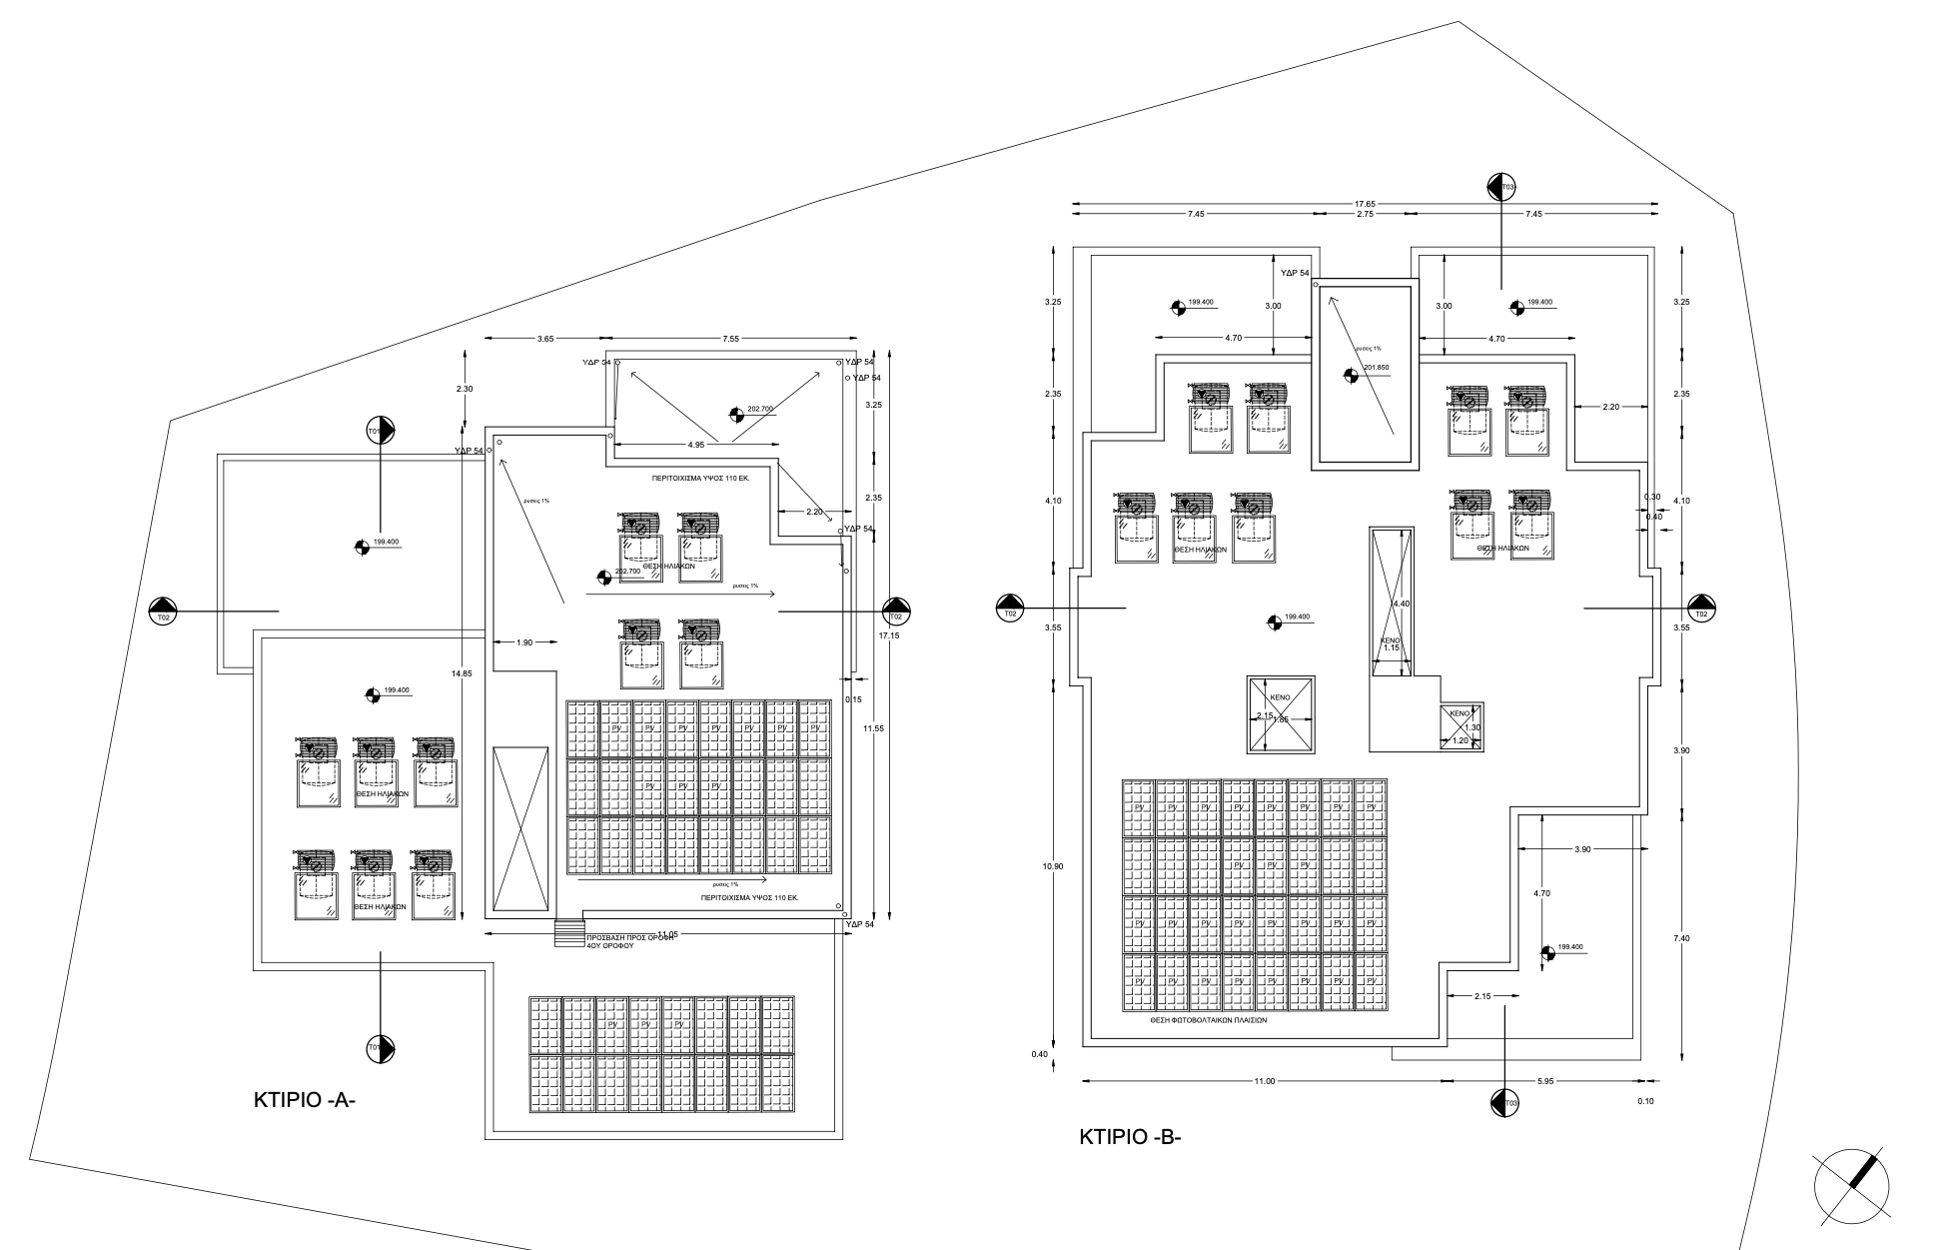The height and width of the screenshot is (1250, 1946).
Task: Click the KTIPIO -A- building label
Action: [305, 1101]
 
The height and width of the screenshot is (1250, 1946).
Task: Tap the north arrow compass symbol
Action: [1851, 1186]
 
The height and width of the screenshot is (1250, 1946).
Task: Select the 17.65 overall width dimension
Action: [1365, 204]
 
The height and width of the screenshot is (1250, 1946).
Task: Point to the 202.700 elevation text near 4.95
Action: [760, 409]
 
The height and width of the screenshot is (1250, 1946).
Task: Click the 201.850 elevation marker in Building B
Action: [1377, 368]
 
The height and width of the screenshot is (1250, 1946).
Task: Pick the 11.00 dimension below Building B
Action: [1265, 1081]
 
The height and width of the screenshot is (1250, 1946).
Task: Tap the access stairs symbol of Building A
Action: [569, 933]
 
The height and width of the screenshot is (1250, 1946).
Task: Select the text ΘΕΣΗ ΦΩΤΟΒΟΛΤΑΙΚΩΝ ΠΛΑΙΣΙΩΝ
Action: [1208, 1021]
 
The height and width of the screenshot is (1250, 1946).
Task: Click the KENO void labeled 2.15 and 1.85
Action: [1281, 715]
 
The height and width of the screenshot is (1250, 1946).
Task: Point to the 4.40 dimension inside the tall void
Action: [1401, 604]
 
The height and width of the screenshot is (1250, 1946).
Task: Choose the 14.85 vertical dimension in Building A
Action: [462, 673]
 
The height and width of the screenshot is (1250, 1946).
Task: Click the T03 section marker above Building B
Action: [1501, 187]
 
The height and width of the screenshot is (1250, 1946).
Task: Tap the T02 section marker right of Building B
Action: [1701, 608]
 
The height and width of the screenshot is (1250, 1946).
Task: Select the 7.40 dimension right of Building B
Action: [1682, 937]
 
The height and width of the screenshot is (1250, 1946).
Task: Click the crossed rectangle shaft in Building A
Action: [520, 828]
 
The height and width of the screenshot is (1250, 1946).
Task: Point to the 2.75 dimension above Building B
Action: [1365, 214]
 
